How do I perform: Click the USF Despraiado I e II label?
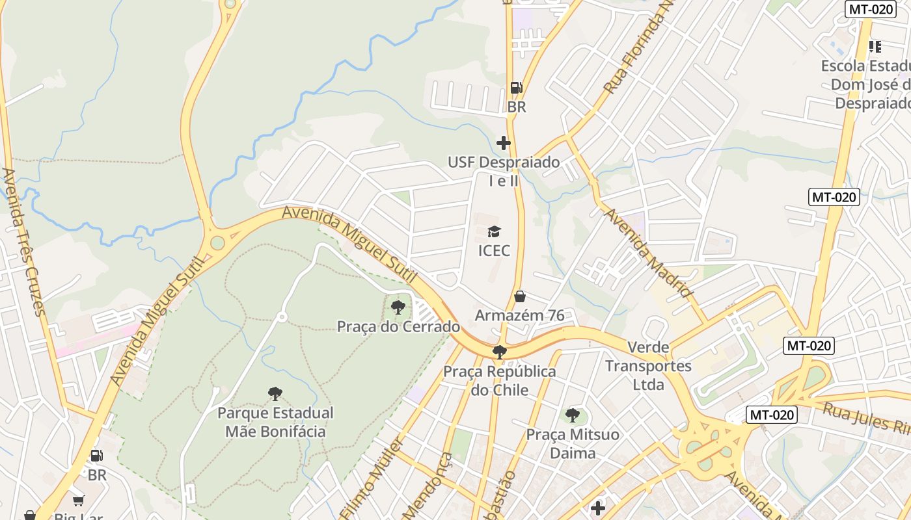click(x=503, y=171)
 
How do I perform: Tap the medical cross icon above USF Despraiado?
click(x=503, y=143)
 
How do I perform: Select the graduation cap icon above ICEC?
click(x=495, y=231)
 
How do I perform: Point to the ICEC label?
click(x=495, y=250)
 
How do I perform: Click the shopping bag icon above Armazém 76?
click(x=520, y=297)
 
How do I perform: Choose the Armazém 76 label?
click(x=520, y=315)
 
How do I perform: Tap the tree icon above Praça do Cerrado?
click(x=398, y=307)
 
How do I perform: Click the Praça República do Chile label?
click(x=500, y=380)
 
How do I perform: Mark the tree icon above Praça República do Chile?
click(x=500, y=352)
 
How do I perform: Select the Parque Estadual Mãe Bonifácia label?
click(x=275, y=422)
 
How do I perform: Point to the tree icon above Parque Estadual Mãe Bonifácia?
click(x=275, y=393)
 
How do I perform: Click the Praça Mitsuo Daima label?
click(x=573, y=443)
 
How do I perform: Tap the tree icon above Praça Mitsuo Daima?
click(x=573, y=415)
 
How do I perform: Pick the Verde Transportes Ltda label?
click(x=648, y=366)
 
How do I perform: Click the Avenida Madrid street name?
click(x=649, y=253)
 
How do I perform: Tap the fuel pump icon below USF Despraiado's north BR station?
click(x=96, y=456)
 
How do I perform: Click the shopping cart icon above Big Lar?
click(x=79, y=500)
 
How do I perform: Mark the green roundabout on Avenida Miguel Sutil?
click(x=217, y=242)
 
